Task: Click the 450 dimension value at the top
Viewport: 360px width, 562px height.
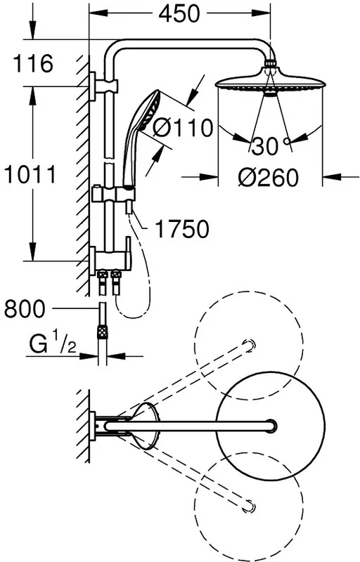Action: click(179, 13)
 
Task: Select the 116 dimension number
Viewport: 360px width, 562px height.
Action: click(32, 63)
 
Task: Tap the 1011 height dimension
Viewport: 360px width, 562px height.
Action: click(30, 174)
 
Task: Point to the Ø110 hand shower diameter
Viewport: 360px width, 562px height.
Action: click(182, 128)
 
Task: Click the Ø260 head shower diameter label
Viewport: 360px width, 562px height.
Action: click(268, 177)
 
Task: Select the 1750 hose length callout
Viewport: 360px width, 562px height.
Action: click(182, 229)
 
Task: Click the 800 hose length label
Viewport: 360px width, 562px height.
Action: click(25, 308)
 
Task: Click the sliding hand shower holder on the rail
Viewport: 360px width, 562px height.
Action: click(113, 194)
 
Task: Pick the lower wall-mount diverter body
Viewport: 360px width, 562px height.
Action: click(110, 257)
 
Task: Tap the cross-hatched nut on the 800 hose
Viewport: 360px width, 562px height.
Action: click(103, 332)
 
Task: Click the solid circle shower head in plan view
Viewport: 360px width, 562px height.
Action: click(271, 426)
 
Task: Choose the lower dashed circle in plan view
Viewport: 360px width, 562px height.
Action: click(249, 507)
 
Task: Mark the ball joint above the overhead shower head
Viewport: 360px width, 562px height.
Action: click(271, 64)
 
